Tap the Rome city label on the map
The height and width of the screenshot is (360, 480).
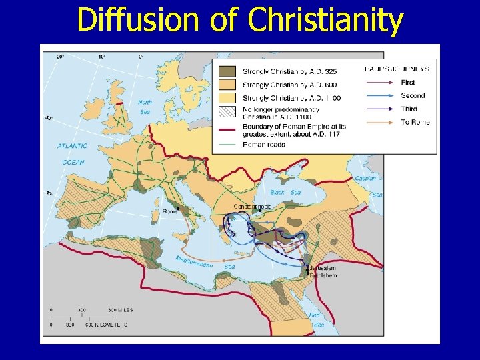(x=170, y=211)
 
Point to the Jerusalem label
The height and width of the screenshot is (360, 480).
(x=323, y=268)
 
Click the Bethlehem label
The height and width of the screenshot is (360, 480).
(x=323, y=275)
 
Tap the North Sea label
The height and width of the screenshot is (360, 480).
(x=144, y=107)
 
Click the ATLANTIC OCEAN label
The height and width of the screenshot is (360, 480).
(x=71, y=153)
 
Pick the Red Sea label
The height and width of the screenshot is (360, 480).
(x=317, y=318)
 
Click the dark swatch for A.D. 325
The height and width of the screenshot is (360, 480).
(x=227, y=70)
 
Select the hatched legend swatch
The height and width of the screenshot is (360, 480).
(x=227, y=111)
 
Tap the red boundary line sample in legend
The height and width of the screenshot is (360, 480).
(x=227, y=126)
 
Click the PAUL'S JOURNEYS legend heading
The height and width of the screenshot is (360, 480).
(x=397, y=68)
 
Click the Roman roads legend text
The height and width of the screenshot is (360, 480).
(x=264, y=144)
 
